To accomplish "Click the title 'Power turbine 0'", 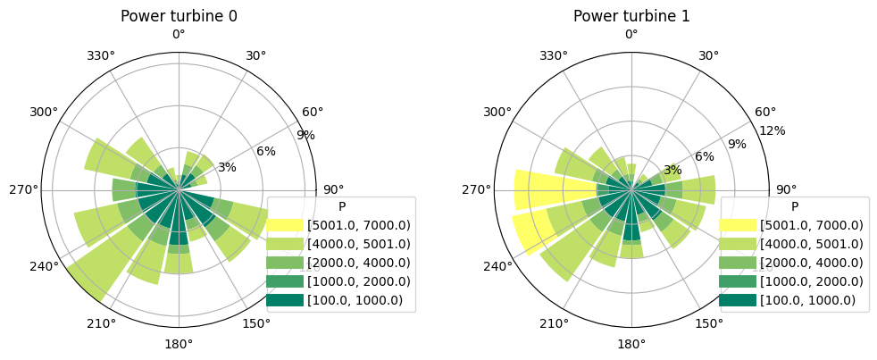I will (179, 16).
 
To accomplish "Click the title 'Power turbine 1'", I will (631, 16).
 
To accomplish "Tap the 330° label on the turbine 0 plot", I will (101, 55).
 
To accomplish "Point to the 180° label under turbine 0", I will (179, 344).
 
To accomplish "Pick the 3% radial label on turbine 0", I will (227, 167).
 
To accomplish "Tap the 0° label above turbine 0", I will (179, 35).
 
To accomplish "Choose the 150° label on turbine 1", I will (709, 323).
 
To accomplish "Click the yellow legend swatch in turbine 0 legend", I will (286, 224).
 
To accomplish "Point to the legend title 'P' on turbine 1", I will (794, 206).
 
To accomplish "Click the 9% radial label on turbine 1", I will (737, 144).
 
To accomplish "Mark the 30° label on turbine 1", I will (709, 55).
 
